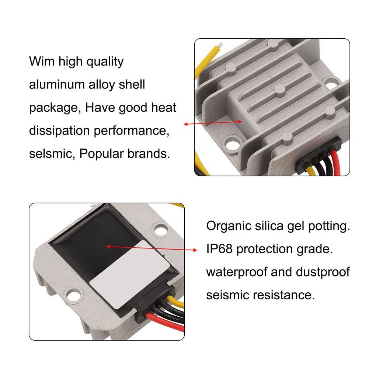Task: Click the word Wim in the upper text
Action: [x=42, y=62]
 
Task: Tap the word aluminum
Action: [x=57, y=84]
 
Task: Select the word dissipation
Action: [x=59, y=131]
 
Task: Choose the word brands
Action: [x=149, y=154]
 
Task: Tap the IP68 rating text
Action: [x=219, y=249]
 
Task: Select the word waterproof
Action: [x=237, y=272]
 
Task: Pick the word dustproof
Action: [x=323, y=272]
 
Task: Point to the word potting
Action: [x=329, y=226]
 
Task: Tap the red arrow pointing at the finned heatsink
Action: [x=213, y=123]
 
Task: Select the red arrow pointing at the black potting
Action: [x=152, y=248]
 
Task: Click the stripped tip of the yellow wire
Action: [x=220, y=45]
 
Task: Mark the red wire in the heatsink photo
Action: [x=335, y=163]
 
